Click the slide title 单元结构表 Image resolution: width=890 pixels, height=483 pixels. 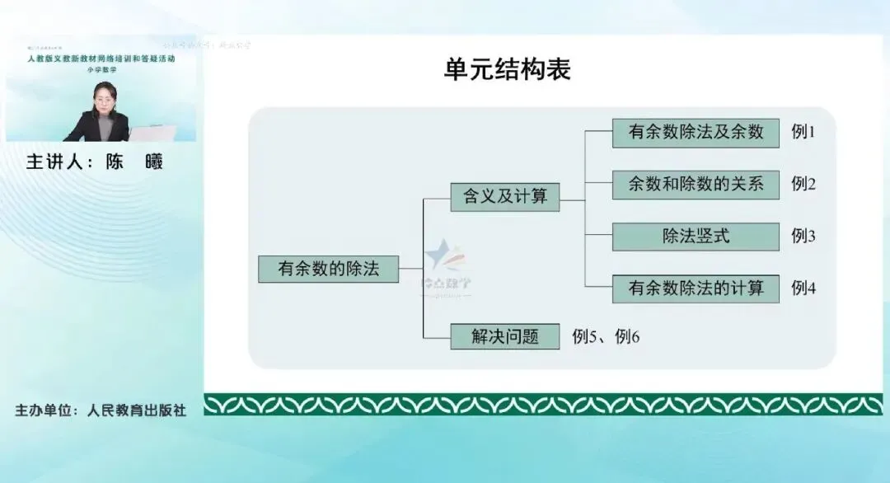point(507,70)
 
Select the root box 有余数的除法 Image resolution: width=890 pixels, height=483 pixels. point(329,269)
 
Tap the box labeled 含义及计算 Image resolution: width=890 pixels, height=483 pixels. point(504,198)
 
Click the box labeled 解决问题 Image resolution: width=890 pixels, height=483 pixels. point(504,336)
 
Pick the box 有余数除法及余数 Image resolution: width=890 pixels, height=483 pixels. point(696,133)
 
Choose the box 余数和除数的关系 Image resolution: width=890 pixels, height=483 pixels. point(696,185)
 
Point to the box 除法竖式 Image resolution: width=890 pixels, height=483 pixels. point(696,237)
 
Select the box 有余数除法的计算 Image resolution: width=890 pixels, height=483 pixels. point(696,288)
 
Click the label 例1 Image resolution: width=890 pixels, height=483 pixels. point(803,132)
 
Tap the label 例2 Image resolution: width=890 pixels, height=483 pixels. point(803,184)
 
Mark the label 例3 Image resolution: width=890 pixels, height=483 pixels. point(803,237)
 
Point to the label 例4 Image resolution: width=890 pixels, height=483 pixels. point(803,288)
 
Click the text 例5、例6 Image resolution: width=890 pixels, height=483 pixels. point(606,336)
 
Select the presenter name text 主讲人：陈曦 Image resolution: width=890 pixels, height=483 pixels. point(95,162)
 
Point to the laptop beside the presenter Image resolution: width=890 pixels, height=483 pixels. point(153,133)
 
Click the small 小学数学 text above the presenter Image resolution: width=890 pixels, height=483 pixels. point(101,70)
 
